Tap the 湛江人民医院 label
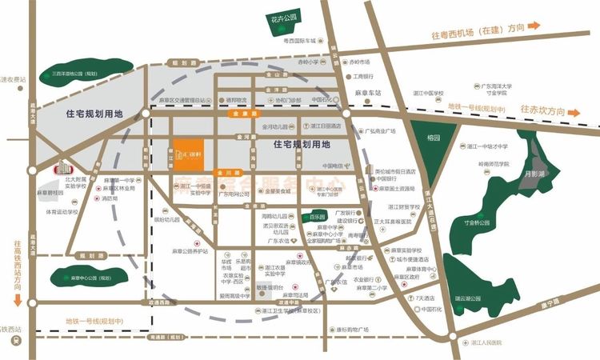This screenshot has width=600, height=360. pyautogui.click(x=486, y=342)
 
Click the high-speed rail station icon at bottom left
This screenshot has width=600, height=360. pyautogui.click(x=15, y=341)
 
